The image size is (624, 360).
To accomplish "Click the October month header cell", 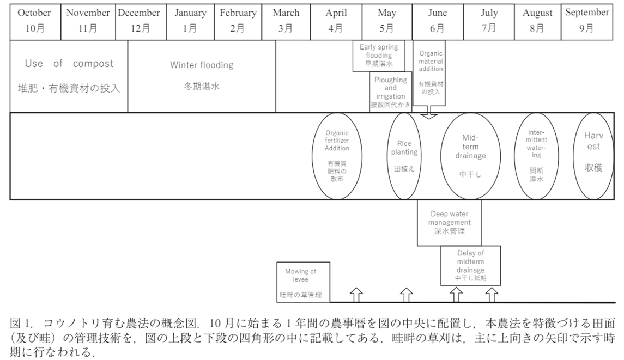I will click(x=34, y=21).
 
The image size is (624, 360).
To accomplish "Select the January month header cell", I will click(x=190, y=21).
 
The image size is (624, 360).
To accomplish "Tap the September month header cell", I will click(x=587, y=21).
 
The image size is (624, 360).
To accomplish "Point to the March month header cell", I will click(x=286, y=21).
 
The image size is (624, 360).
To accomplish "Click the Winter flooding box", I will click(x=202, y=76).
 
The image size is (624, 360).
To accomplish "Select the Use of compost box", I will click(x=69, y=76).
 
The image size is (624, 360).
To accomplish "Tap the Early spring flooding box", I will click(x=379, y=56).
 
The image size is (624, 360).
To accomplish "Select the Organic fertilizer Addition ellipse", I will click(x=337, y=156).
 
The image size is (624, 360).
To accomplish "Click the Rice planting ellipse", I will click(x=404, y=156).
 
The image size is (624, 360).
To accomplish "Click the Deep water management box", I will click(x=450, y=222).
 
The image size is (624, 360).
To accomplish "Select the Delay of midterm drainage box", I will click(x=470, y=265).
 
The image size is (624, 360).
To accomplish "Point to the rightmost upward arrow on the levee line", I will click(x=492, y=295).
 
